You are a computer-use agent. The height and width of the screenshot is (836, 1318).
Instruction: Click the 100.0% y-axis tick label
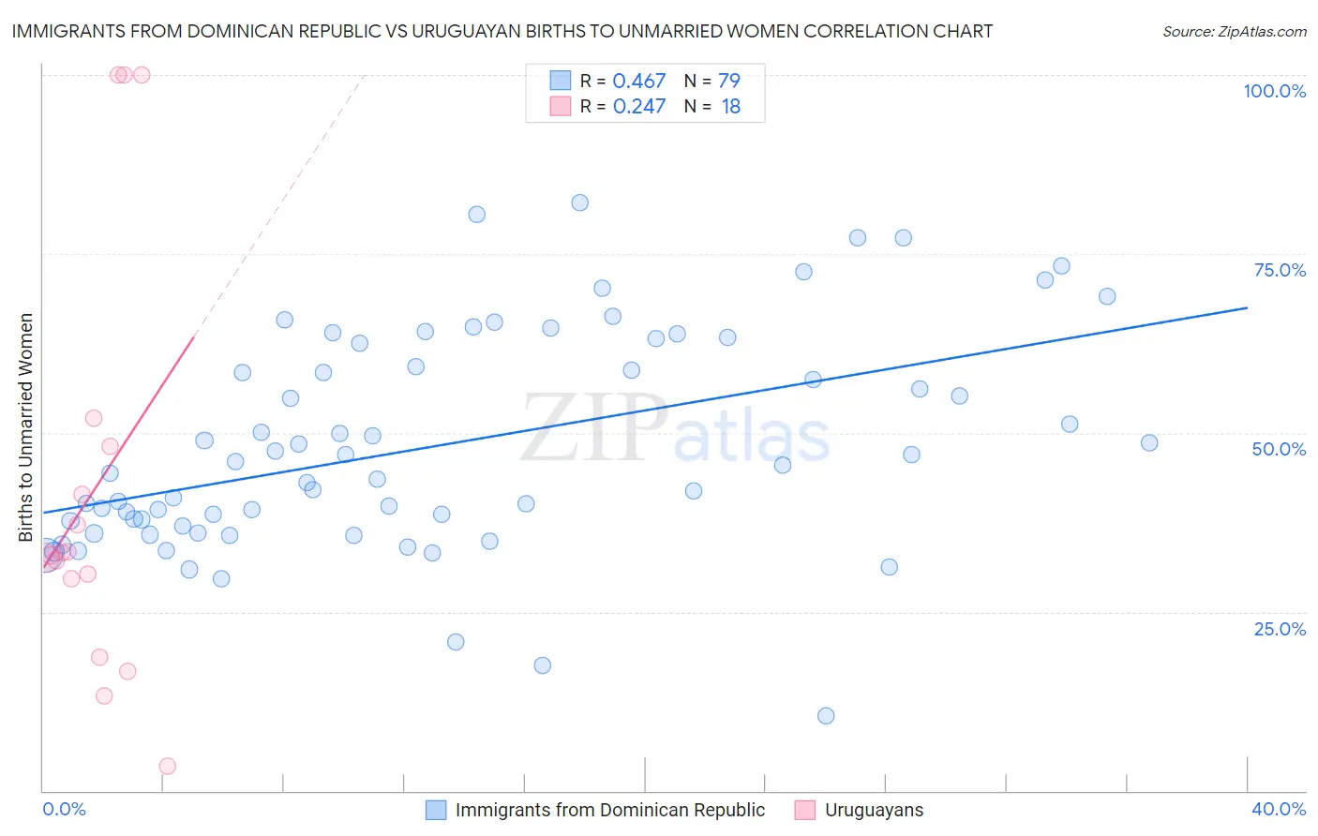pos(1274,91)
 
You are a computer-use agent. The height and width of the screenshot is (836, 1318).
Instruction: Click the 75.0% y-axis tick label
pos(1280,270)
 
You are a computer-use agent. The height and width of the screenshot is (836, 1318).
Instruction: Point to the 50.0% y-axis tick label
pos(1279,449)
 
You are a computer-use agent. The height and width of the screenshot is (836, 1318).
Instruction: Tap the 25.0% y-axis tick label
pos(1280,629)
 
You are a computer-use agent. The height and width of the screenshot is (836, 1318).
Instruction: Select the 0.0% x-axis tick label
pos(64,809)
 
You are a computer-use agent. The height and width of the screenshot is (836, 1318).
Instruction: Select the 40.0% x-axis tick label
pos(1278,809)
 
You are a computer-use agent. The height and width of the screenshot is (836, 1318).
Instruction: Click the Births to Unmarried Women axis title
pos(25,427)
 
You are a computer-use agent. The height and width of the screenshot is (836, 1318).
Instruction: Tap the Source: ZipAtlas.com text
pos(1234,32)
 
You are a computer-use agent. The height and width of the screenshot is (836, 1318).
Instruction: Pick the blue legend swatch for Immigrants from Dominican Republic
pos(436,810)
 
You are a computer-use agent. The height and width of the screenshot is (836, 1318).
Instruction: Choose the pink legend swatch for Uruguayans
pos(804,810)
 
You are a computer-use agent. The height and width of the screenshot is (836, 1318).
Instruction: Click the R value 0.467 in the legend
pos(638,81)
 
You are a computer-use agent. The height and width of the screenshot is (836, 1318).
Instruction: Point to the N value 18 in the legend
pos(731,107)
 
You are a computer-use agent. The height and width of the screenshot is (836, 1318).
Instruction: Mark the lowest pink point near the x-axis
pos(168,766)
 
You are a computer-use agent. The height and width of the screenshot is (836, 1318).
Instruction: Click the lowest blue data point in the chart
pos(826,716)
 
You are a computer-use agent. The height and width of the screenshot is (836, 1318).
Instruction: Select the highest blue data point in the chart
pos(580,202)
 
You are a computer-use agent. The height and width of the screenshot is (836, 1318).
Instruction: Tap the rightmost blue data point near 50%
pos(1149,442)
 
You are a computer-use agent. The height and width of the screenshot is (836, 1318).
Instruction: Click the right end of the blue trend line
pos(1247,307)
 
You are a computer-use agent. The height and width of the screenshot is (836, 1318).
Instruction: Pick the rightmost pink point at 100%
pos(142,75)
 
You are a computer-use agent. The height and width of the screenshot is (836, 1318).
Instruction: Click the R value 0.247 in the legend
pos(638,107)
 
